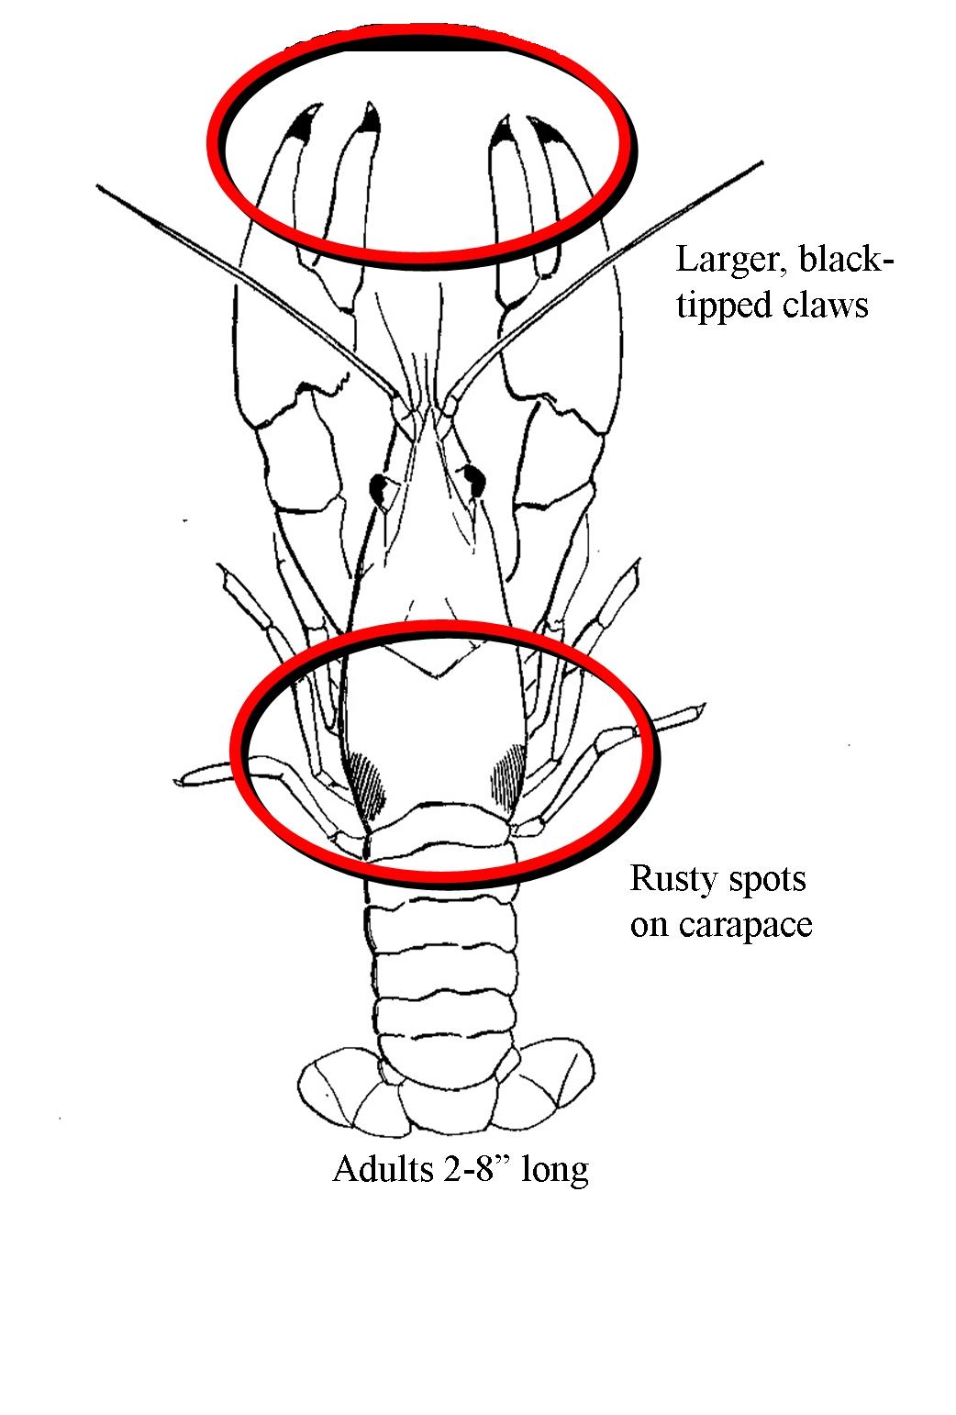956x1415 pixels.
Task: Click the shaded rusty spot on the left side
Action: coord(368,782)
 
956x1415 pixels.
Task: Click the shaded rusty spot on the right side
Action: coord(508,776)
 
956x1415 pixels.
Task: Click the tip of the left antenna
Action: coord(98,186)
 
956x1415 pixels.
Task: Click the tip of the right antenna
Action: coord(761,163)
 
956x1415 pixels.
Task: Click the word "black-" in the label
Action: coord(847,259)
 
